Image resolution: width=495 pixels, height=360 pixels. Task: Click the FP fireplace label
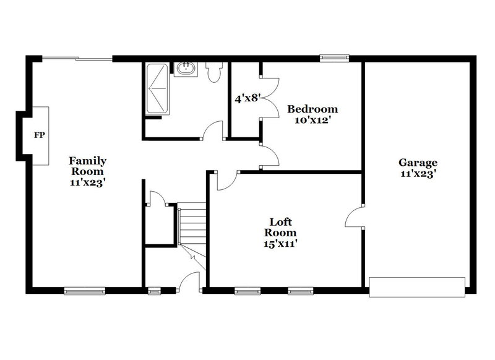tap(39, 134)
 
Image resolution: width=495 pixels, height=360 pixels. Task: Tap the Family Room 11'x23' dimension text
tap(87, 182)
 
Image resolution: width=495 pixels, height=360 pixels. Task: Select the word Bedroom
tap(312, 109)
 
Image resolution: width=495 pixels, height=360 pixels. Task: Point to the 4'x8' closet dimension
tap(247, 97)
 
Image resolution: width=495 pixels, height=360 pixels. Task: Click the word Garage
tap(418, 163)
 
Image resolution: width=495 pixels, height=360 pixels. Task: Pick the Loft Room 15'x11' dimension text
tap(280, 244)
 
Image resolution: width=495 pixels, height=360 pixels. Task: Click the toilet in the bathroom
tap(214, 73)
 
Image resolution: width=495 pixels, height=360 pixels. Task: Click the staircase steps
tap(192, 226)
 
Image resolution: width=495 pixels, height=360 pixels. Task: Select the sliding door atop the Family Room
tap(77, 59)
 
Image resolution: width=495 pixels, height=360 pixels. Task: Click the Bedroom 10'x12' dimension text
tap(312, 121)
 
